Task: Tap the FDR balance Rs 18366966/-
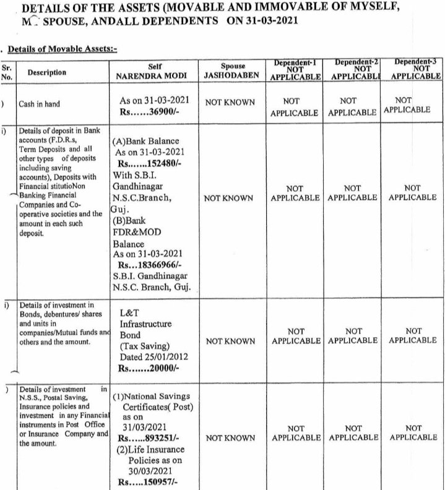(x=155, y=264)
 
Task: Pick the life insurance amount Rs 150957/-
(x=151, y=483)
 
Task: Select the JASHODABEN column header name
(x=232, y=77)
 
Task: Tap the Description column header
(x=46, y=72)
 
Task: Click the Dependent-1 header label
(x=295, y=62)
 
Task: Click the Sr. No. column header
(x=6, y=72)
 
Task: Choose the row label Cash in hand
(x=40, y=104)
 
